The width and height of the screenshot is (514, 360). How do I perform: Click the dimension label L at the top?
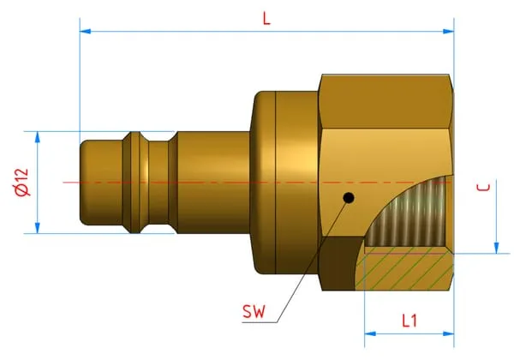tap(266, 18)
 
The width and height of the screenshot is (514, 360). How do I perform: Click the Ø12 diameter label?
tap(21, 182)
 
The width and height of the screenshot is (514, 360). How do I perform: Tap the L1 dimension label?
tap(409, 321)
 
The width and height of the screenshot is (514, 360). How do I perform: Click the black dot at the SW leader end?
tap(347, 200)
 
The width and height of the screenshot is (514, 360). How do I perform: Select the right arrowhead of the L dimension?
tap(448, 32)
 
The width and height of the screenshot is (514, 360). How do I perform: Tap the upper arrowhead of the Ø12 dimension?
tap(38, 136)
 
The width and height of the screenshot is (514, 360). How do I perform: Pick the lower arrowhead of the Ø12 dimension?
tap(38, 227)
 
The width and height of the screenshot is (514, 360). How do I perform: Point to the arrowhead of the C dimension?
tap(495, 248)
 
